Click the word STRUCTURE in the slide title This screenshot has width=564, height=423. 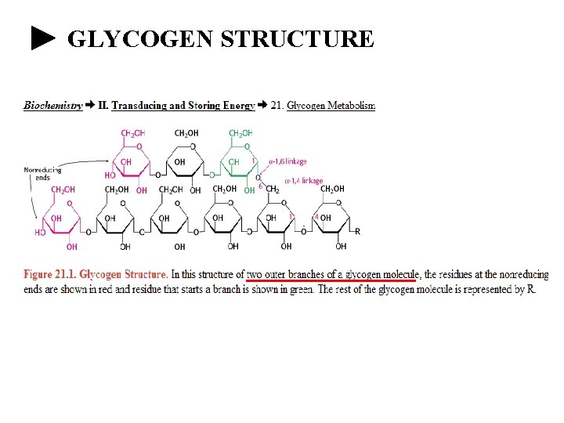tap(298, 38)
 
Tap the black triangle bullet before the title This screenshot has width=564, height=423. tap(44, 38)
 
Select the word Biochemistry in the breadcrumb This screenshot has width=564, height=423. tap(53, 105)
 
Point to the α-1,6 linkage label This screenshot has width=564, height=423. tap(287, 161)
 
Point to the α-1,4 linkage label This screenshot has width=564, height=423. tap(303, 181)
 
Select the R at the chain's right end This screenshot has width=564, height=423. tap(358, 231)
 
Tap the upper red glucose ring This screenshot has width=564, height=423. tap(130, 162)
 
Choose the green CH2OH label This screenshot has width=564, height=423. tap(240, 133)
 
